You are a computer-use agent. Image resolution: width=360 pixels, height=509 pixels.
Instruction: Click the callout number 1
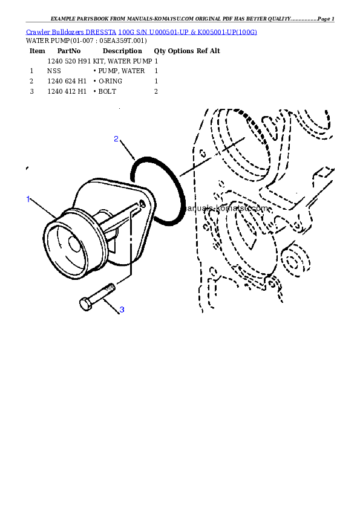click(x=27, y=199)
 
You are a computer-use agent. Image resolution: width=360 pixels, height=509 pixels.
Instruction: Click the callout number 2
click(x=116, y=139)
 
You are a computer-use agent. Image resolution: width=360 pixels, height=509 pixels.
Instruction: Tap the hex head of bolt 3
click(x=85, y=303)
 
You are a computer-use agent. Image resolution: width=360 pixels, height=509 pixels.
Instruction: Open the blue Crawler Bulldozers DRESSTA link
click(x=141, y=31)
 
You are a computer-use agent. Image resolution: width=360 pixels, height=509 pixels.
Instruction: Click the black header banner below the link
click(x=179, y=73)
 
